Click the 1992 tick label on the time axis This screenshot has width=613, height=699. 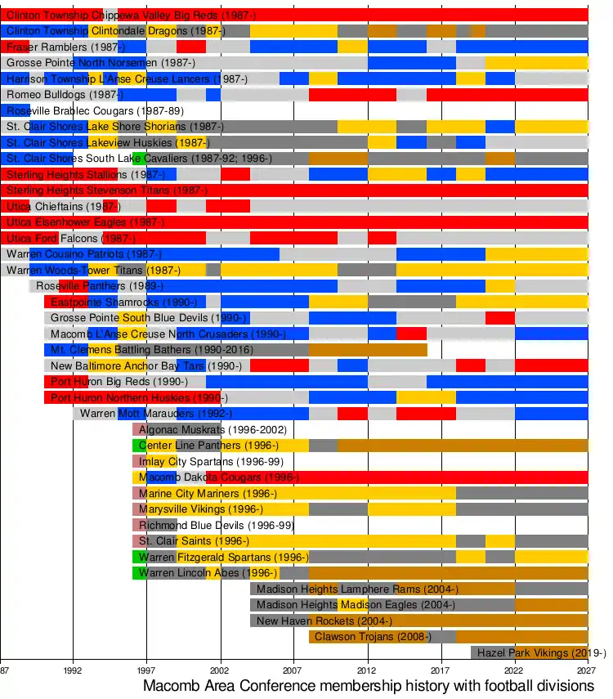[74, 667]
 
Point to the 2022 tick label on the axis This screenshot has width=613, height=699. [515, 667]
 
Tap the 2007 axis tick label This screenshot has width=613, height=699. [294, 667]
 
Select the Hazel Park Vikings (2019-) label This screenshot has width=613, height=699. [541, 652]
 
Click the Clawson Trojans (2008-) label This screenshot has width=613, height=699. [373, 636]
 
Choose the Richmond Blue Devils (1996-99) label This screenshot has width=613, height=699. [216, 525]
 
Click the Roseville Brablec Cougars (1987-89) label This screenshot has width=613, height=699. [95, 110]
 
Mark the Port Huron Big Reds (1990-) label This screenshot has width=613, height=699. [119, 382]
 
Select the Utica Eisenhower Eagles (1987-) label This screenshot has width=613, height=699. [85, 222]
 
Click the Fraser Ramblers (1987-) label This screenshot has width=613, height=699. [60, 47]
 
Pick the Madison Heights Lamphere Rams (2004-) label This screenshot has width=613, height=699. [357, 589]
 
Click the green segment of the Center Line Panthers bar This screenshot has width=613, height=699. [140, 446]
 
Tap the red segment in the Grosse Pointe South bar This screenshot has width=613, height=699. [499, 318]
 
